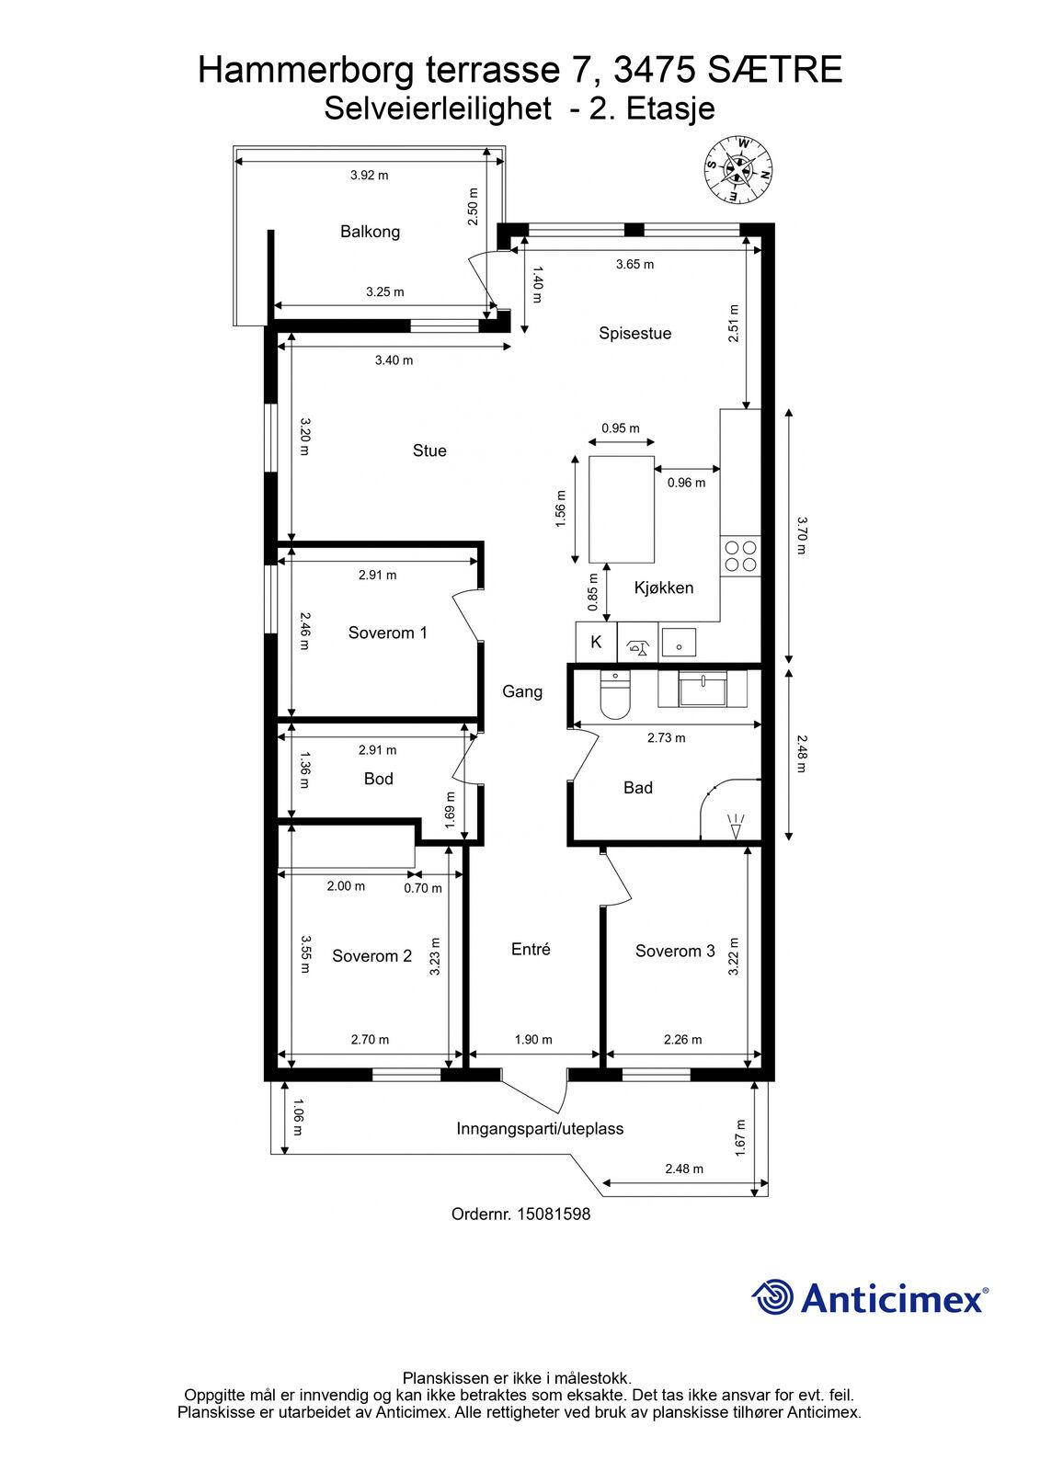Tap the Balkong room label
click(370, 231)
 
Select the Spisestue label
click(634, 333)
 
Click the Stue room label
click(429, 450)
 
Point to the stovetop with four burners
click(740, 555)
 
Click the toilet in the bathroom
click(615, 695)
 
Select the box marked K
click(597, 642)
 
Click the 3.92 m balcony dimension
click(370, 176)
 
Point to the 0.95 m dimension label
click(620, 428)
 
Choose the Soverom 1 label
click(388, 633)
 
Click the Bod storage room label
click(379, 778)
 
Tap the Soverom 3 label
click(675, 951)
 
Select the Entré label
click(531, 949)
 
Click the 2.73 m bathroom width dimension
click(666, 738)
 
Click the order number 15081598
click(554, 1214)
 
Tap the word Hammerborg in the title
click(306, 70)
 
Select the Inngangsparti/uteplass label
click(540, 1129)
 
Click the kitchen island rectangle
click(622, 509)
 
